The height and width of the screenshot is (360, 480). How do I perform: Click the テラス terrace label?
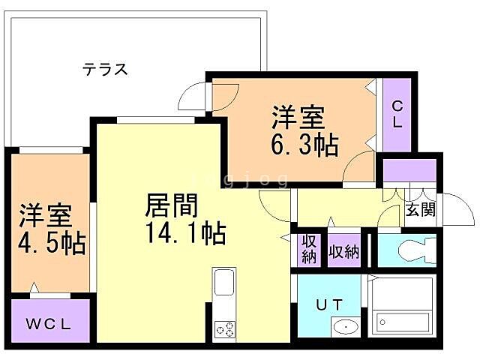106,70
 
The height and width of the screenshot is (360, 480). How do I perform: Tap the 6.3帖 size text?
304,143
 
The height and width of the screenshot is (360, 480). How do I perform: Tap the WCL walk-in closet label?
49,325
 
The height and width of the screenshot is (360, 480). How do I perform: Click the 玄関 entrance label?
420,209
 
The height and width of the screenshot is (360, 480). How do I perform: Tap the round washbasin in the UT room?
344,327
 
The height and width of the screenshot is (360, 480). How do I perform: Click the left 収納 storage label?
308,249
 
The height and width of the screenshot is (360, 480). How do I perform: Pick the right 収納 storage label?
343,250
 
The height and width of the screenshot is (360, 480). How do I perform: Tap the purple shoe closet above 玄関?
409,170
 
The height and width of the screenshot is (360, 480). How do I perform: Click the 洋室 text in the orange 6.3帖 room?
298,117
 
